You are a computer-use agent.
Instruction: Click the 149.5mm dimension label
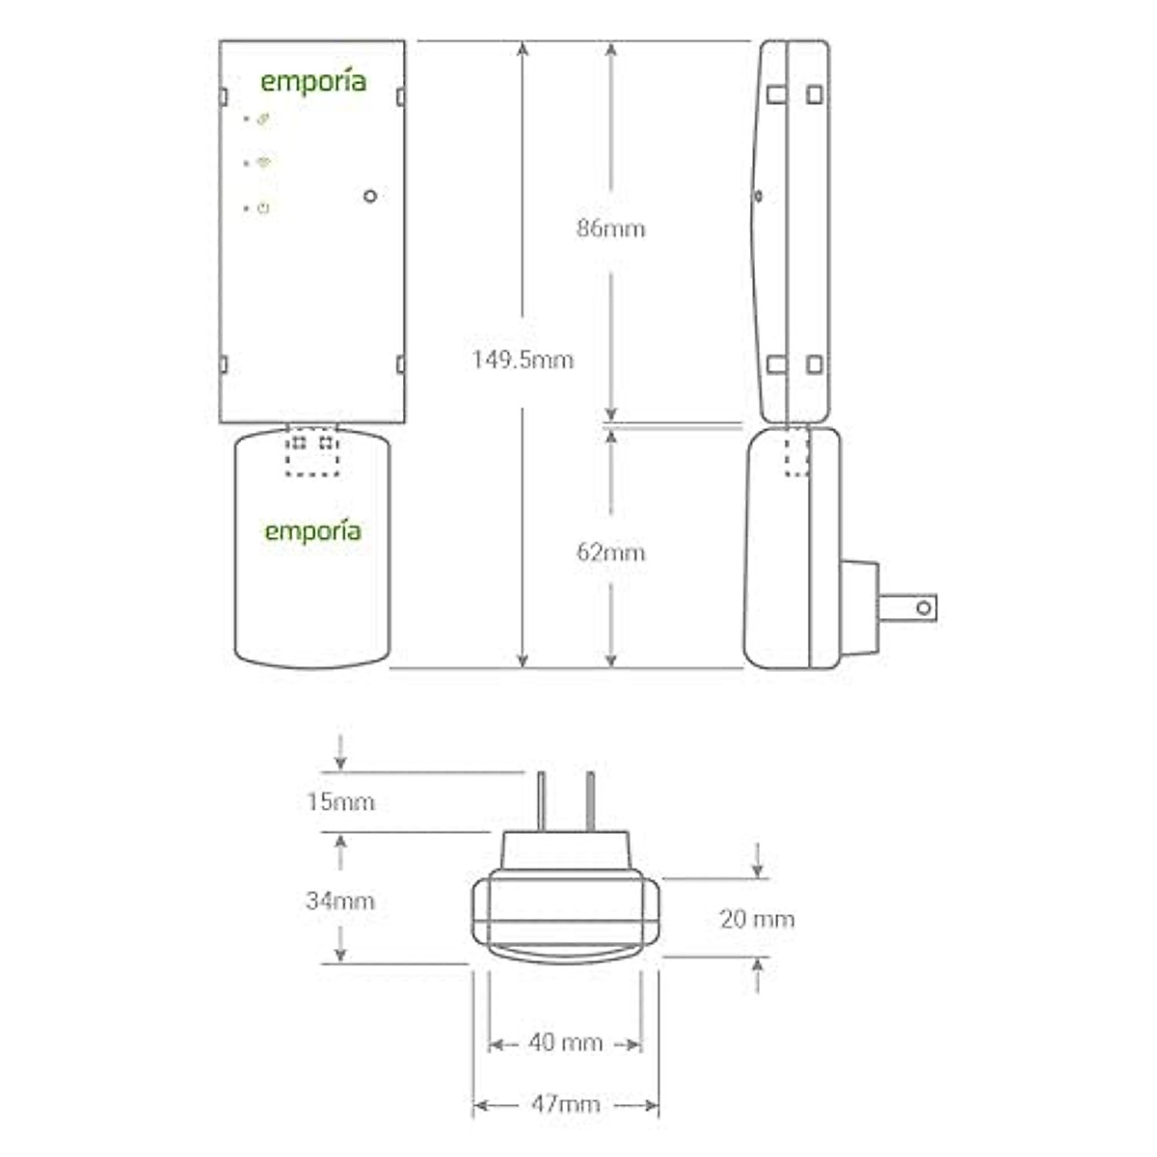[x=523, y=361]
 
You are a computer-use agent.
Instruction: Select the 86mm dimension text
[x=610, y=229]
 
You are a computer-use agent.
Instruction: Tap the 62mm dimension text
[x=610, y=552]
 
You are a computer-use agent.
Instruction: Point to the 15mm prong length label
[x=340, y=802]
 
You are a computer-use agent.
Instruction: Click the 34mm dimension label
[x=340, y=901]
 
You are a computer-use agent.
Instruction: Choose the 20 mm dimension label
[x=758, y=919]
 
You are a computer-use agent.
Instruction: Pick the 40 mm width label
[x=565, y=1043]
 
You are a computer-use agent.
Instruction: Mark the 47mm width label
[x=565, y=1104]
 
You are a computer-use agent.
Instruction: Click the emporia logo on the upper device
[x=313, y=82]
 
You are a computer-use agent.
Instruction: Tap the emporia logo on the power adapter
[x=313, y=531]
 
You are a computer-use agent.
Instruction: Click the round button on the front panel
[x=370, y=196]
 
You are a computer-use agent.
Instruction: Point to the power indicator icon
[x=263, y=208]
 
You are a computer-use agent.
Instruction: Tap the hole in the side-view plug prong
[x=924, y=607]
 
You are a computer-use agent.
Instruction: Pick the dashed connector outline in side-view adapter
[x=796, y=453]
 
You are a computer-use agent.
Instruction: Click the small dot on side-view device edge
[x=758, y=197]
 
